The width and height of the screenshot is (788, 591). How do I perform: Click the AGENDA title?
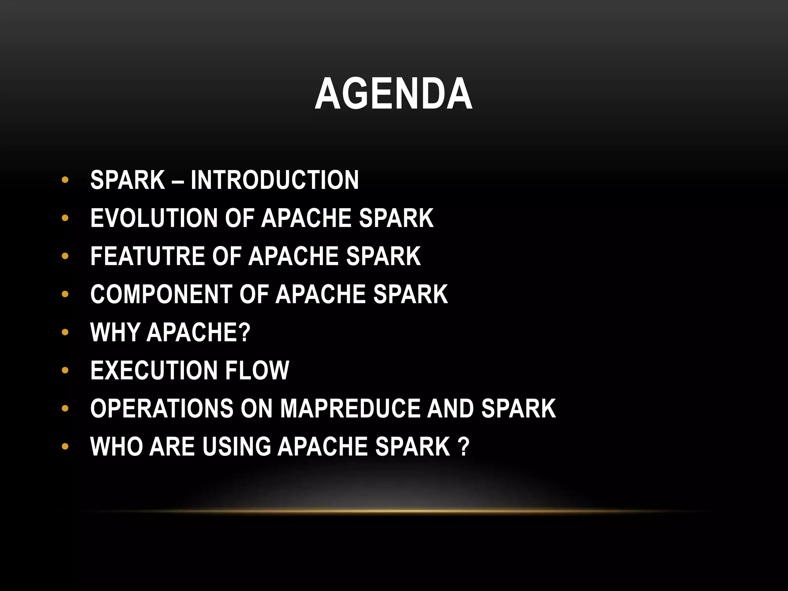(x=394, y=94)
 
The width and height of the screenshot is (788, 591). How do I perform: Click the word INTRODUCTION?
(x=274, y=180)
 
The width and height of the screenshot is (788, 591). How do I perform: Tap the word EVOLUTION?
(x=154, y=218)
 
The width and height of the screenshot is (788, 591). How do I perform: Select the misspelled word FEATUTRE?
(x=147, y=256)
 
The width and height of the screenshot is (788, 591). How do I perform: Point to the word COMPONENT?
(x=161, y=294)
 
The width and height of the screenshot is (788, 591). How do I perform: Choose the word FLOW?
(x=257, y=370)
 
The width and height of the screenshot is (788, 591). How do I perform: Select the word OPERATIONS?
(x=162, y=408)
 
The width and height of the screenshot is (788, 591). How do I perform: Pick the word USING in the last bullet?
(x=236, y=446)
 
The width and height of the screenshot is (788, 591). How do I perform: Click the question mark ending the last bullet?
(x=464, y=446)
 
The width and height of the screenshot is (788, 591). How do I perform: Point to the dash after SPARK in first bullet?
(x=178, y=181)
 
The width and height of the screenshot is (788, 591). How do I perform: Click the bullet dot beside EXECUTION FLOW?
(x=65, y=371)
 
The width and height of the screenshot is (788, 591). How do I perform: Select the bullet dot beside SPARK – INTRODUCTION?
(x=65, y=180)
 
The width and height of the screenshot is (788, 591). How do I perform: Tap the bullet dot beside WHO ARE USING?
(x=65, y=447)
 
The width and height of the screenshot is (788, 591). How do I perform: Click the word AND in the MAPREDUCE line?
(x=451, y=408)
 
